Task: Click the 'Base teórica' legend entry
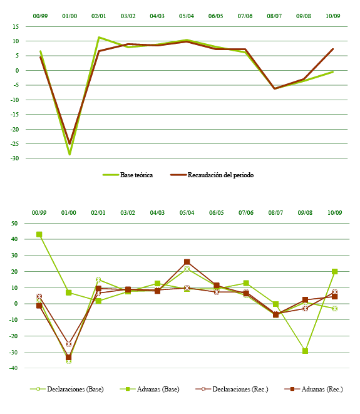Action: [128, 175]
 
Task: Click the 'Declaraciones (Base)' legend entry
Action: [68, 389]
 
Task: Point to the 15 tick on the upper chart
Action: [14, 27]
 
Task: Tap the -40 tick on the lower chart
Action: [13, 368]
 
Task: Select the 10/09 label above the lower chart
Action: [334, 213]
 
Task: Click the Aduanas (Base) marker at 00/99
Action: [39, 235]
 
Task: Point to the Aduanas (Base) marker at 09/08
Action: [305, 351]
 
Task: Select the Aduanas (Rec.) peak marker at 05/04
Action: [187, 262]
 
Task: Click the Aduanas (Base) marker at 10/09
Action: [334, 272]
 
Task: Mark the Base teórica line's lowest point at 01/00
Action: [69, 154]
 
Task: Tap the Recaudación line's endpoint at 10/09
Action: [332, 49]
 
